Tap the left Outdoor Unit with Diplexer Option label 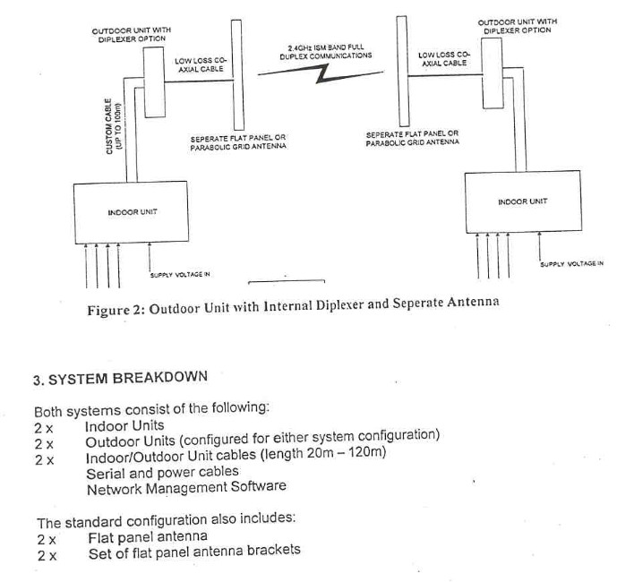(132, 37)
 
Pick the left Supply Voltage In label (179, 274)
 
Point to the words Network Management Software (186, 487)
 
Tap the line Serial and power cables (162, 471)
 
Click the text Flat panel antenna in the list (148, 536)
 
